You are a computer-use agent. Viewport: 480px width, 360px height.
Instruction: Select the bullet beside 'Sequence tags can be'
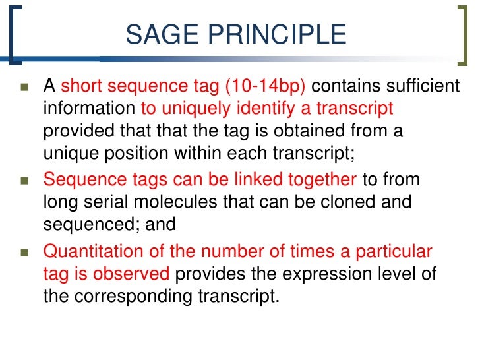[x=24, y=180]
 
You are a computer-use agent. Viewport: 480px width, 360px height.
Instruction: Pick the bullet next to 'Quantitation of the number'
[x=24, y=252]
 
